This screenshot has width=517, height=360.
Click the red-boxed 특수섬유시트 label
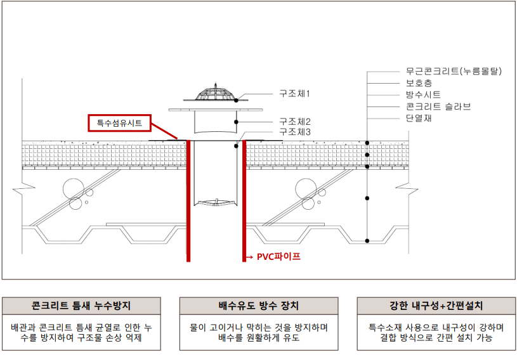(x=119, y=122)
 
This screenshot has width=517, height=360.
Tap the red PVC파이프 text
(x=278, y=257)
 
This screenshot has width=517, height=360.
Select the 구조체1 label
(x=294, y=93)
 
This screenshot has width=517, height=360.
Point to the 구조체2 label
(x=294, y=121)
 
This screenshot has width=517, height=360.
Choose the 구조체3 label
(x=294, y=132)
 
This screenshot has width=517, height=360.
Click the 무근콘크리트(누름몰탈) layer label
(x=454, y=72)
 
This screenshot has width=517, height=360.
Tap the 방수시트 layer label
(x=423, y=94)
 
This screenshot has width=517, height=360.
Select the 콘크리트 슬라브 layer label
(x=438, y=106)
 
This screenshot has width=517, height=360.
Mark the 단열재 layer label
(x=419, y=118)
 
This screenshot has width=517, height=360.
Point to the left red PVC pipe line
(x=188, y=203)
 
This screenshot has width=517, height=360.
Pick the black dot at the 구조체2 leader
(x=236, y=121)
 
